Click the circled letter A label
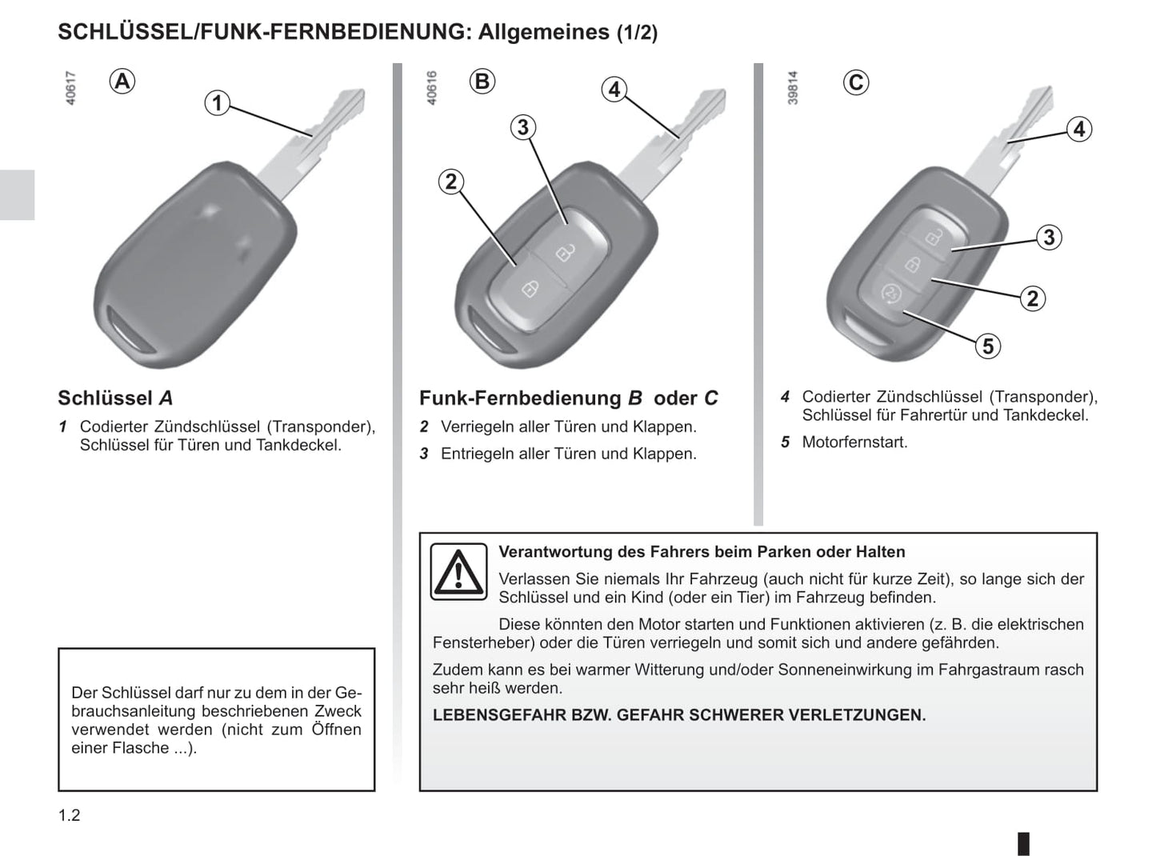[122, 82]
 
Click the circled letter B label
[482, 82]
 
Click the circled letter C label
[856, 82]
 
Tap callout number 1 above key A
[218, 103]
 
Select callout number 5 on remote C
[988, 346]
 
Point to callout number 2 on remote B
[451, 182]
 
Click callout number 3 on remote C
[1049, 238]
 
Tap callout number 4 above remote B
[614, 90]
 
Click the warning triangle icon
[458, 571]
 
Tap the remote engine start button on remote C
[890, 294]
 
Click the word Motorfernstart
[854, 442]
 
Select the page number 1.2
[70, 815]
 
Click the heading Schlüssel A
[115, 398]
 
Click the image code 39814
[793, 88]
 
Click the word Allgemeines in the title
[543, 32]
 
